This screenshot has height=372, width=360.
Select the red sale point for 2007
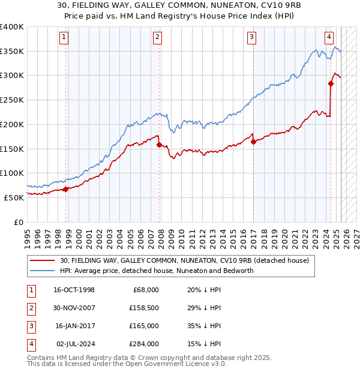[x=159, y=145]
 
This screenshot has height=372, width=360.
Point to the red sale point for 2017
[x=253, y=142]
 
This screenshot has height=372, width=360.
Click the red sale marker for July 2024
[x=331, y=83]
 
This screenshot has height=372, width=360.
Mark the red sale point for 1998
[x=65, y=189]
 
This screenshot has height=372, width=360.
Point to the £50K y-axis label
[x=14, y=197]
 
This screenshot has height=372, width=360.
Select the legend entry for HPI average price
[x=157, y=271]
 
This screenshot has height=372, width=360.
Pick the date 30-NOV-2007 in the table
[x=74, y=308]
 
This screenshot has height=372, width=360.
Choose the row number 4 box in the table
[x=30, y=344]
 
